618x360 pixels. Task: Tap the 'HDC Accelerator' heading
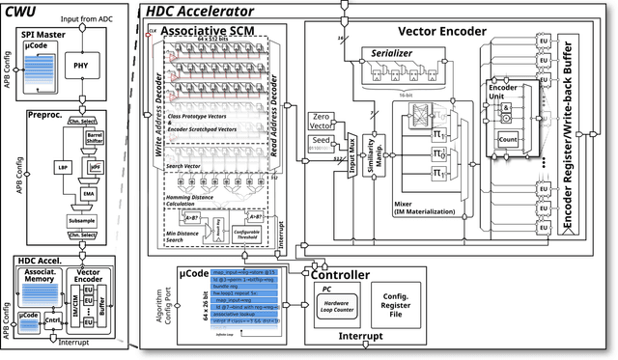[x=201, y=12]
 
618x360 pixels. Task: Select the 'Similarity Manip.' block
[x=373, y=150]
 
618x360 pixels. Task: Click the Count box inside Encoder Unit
[x=509, y=139]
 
